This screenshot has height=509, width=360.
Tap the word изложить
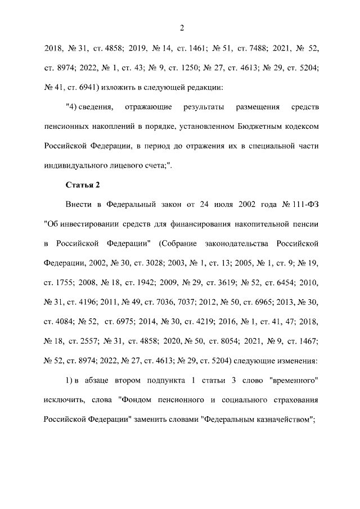point(99,87)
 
